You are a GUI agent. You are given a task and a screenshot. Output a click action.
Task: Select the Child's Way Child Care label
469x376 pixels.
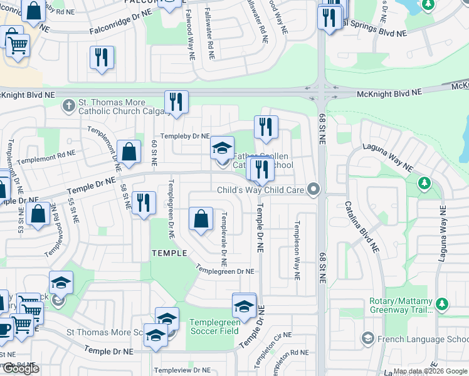(x=260, y=190)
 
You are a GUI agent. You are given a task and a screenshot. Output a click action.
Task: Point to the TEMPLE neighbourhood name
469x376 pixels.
(x=169, y=253)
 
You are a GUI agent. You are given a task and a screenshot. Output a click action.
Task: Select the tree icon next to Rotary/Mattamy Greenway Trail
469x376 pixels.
(x=442, y=304)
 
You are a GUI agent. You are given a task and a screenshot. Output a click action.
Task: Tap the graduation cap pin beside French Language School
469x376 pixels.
(x=367, y=339)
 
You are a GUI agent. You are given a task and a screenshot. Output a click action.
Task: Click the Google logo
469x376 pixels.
(x=20, y=368)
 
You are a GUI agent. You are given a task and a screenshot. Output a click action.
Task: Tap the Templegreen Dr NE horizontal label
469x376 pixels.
(x=224, y=271)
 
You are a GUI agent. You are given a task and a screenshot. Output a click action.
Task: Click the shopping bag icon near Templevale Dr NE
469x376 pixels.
(x=201, y=220)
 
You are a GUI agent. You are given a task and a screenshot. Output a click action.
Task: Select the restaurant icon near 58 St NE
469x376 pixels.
(x=144, y=202)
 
